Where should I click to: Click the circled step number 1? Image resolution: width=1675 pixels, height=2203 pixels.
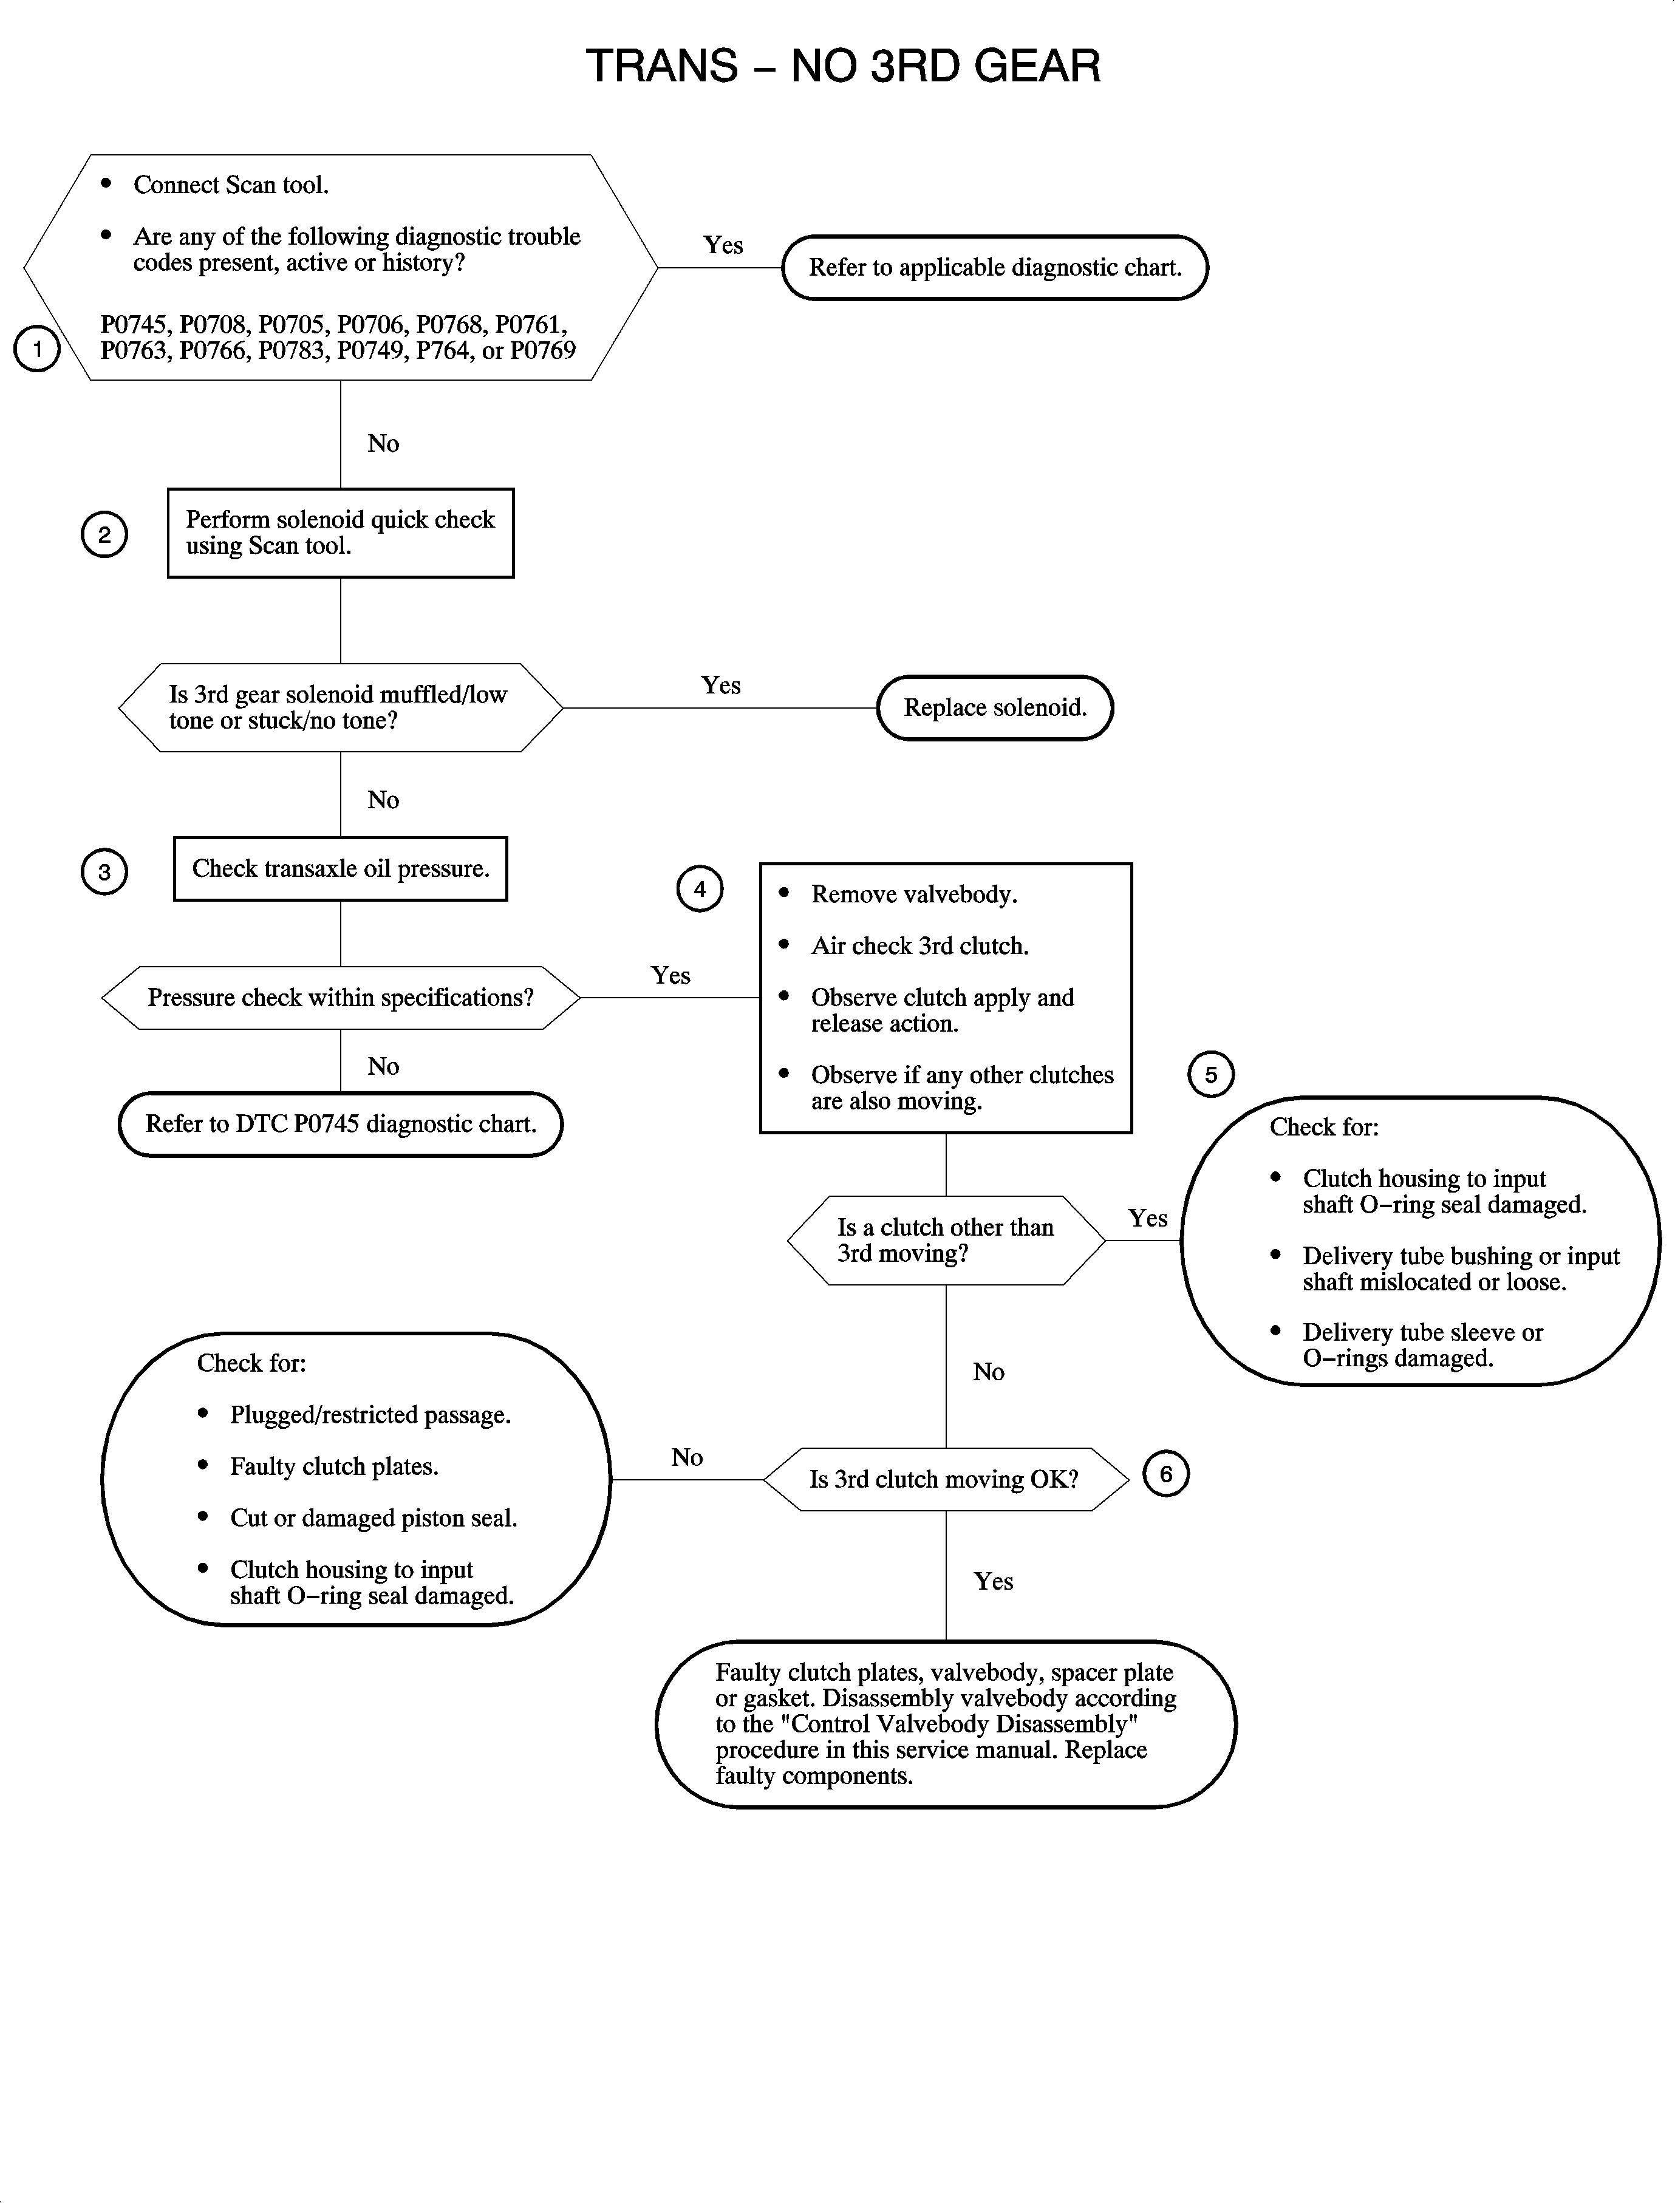coord(37,349)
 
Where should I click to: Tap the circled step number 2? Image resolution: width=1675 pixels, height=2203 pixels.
coord(104,534)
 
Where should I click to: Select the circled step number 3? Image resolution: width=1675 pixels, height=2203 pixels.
coord(104,872)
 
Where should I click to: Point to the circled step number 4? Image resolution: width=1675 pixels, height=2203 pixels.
coord(700,888)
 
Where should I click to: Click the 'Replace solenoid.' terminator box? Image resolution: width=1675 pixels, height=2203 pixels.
coord(994,708)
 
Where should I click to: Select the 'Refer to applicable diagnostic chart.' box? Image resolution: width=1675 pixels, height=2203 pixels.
coord(994,267)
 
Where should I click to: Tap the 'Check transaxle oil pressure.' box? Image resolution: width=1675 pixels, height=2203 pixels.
coord(340,868)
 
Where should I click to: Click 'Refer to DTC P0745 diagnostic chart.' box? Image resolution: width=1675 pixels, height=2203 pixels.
coord(340,1125)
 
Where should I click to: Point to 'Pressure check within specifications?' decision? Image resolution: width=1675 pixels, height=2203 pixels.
coord(340,998)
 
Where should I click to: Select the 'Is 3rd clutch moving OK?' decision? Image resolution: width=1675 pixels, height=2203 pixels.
coord(944,1479)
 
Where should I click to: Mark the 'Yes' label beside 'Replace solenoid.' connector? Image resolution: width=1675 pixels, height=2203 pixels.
coord(721,686)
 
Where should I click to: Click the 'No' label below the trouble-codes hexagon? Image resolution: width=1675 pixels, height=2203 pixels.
coord(383,444)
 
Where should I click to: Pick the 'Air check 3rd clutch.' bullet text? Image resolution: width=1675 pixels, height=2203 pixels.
coord(919,946)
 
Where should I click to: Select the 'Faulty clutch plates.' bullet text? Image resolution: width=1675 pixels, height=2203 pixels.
coord(334,1466)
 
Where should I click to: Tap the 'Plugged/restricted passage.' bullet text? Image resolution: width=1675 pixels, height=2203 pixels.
coord(370,1415)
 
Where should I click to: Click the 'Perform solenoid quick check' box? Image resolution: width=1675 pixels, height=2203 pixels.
coord(340,533)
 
